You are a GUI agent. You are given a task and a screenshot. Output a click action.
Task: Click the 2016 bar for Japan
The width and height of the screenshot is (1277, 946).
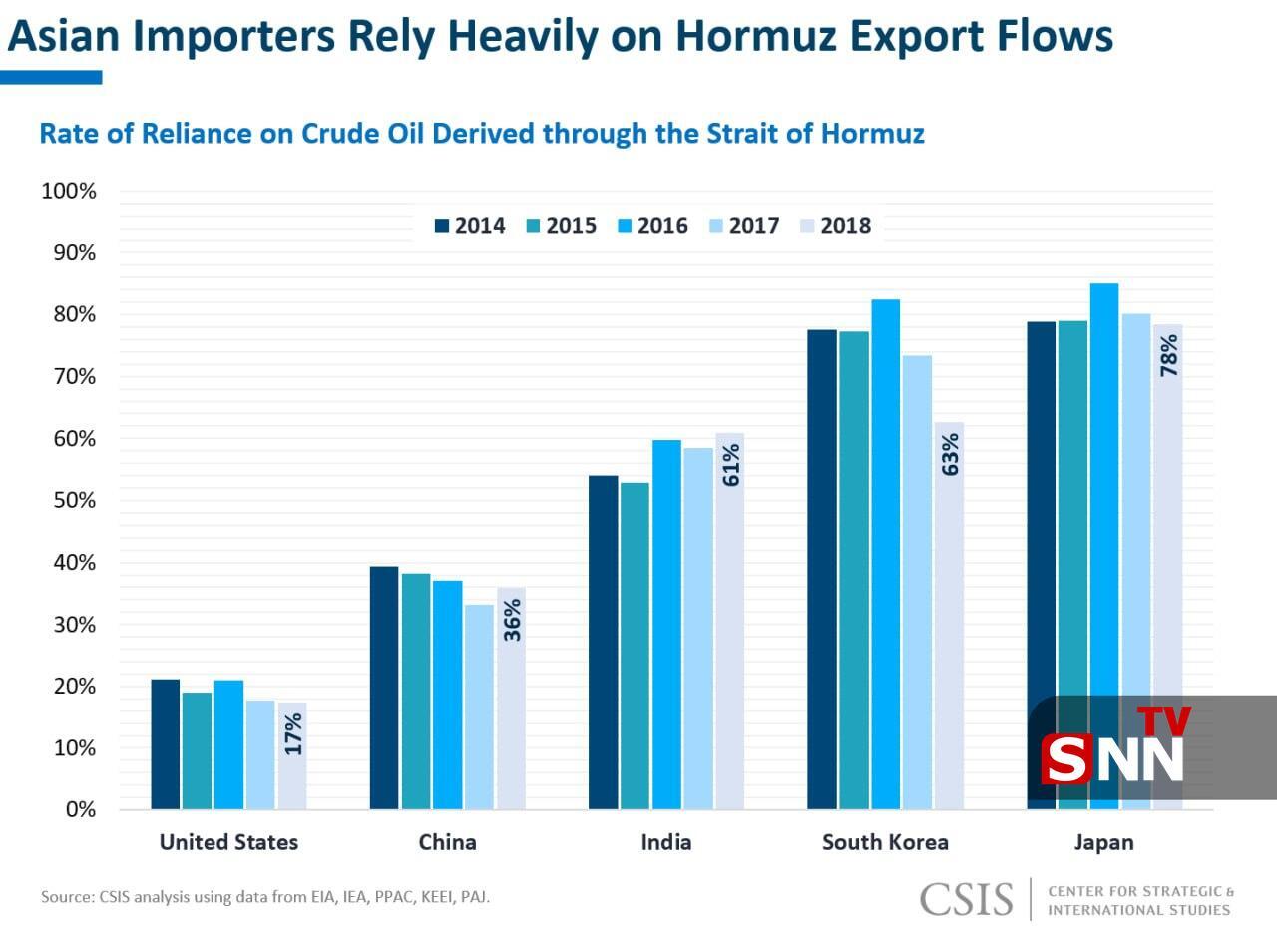[1103, 499]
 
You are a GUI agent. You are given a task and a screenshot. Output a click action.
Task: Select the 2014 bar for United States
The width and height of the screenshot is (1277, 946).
[165, 743]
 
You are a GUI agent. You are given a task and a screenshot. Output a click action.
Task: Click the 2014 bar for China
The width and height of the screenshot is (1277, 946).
[384, 688]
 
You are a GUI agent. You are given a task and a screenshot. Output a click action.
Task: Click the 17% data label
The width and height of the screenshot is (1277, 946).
[293, 733]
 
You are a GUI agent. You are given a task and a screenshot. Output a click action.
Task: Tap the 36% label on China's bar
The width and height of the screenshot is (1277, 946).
[512, 619]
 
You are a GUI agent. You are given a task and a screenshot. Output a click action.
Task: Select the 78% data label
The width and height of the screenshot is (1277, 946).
[1168, 355]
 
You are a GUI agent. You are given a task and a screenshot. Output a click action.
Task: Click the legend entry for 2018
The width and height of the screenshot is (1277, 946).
[836, 226]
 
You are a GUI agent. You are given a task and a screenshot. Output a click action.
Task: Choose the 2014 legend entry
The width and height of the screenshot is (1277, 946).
[470, 226]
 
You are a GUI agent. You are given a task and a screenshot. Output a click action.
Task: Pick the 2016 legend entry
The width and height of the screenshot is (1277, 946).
[652, 226]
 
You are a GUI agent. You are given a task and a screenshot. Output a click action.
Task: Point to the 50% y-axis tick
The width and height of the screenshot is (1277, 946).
[69, 500]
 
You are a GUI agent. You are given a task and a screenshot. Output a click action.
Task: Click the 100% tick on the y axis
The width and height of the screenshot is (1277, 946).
[68, 191]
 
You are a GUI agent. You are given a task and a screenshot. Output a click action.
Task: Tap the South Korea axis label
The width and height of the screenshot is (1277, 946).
[885, 842]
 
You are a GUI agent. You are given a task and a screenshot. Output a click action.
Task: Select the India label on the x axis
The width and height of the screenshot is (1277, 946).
[665, 842]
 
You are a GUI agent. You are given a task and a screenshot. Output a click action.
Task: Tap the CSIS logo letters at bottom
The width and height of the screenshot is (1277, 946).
[967, 898]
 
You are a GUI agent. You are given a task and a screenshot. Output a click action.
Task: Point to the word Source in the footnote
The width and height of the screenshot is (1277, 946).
[67, 897]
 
